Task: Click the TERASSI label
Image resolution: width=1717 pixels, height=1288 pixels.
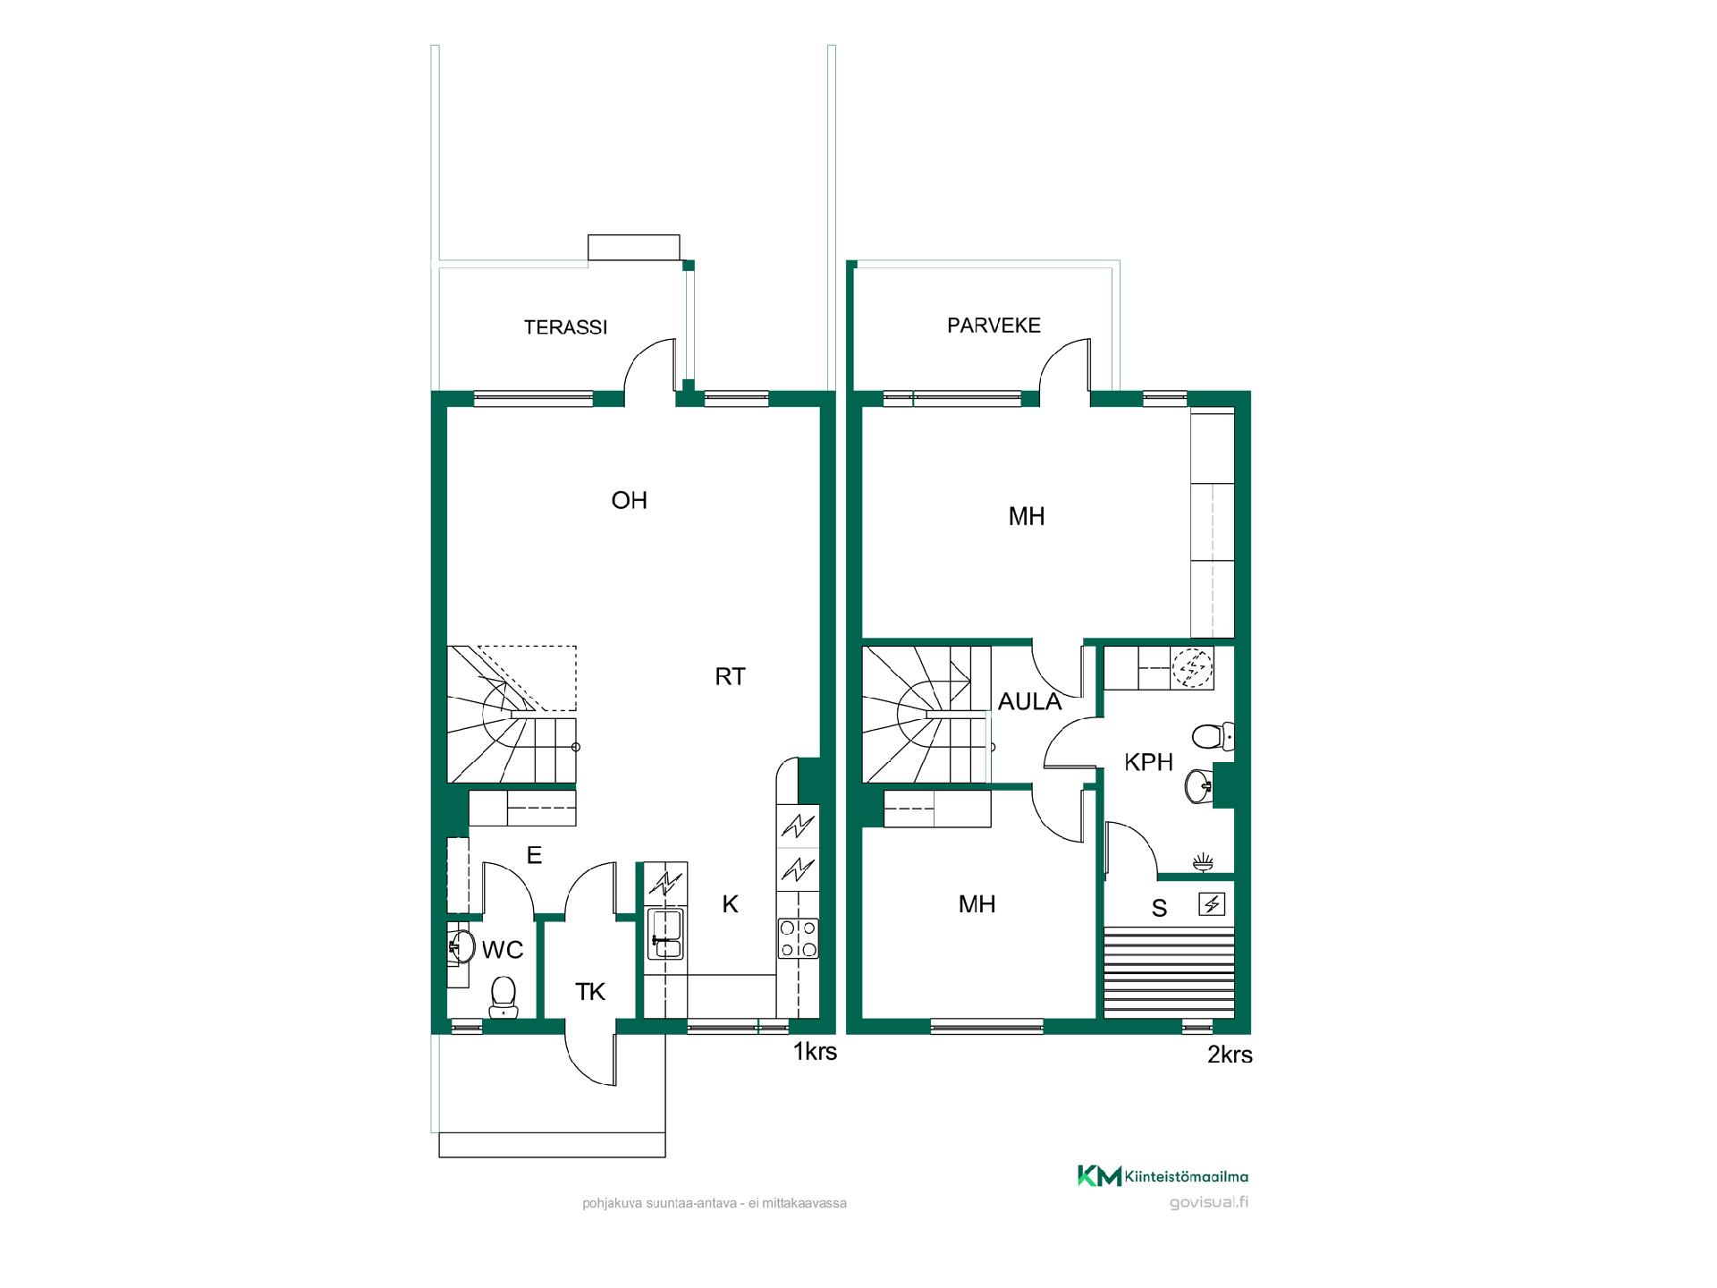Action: tap(565, 327)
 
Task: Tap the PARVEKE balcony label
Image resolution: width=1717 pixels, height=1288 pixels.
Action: tap(994, 326)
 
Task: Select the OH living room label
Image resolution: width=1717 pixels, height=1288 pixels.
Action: tap(629, 500)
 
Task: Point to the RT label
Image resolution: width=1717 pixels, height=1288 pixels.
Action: tap(730, 677)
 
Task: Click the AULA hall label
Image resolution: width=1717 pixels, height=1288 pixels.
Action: tap(1029, 702)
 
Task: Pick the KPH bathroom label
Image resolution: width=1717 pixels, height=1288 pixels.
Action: tap(1148, 762)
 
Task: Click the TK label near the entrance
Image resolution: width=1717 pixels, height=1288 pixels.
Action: tap(590, 991)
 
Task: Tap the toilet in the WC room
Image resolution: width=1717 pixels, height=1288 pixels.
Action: tap(503, 996)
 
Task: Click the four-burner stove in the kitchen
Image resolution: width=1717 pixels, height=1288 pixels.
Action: tap(798, 938)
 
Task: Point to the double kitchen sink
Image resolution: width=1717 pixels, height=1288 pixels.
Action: tap(666, 934)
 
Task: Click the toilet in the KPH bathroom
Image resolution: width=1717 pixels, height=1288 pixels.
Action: tap(1213, 736)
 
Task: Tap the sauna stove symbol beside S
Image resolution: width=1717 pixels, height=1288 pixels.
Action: tap(1212, 904)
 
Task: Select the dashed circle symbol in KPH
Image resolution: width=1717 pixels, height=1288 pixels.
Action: tap(1193, 667)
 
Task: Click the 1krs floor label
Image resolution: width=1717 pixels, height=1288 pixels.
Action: tap(815, 1052)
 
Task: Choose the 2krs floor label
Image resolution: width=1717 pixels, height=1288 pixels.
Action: tap(1230, 1055)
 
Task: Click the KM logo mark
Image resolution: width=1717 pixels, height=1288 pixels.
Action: tap(1099, 1176)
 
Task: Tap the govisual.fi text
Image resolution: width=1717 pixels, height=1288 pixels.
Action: tap(1208, 1202)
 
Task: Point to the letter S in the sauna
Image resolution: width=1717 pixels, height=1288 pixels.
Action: tap(1159, 909)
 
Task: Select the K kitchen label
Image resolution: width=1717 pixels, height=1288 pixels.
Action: tap(730, 904)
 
